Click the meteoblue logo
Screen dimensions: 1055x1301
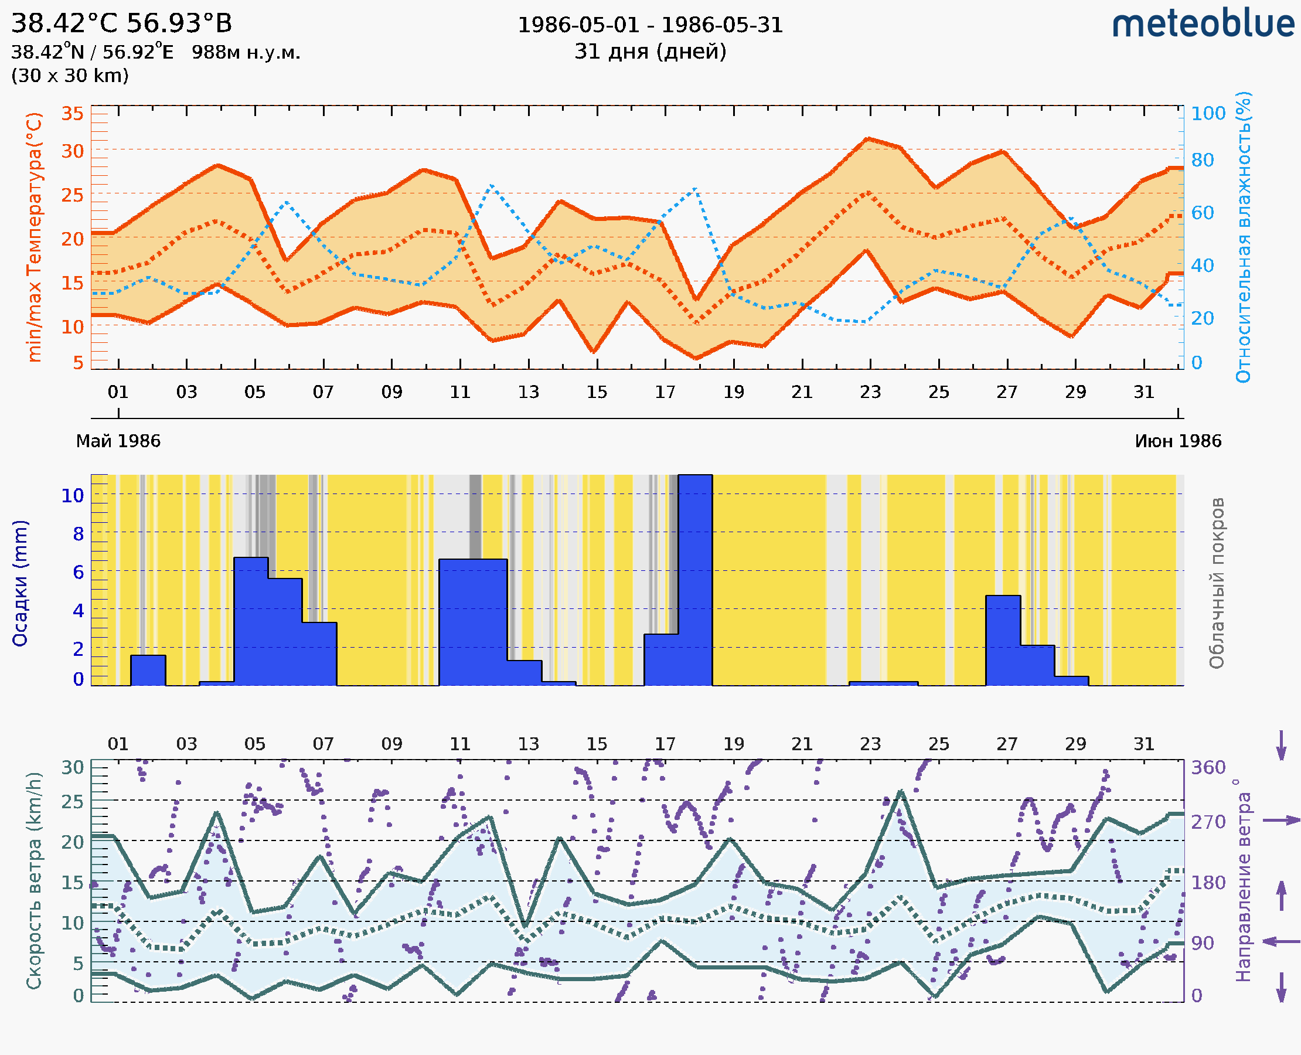pyautogui.click(x=1203, y=24)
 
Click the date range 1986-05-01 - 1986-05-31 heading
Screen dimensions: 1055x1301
pyautogui.click(x=650, y=25)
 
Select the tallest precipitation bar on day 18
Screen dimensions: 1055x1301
pyautogui.click(x=695, y=580)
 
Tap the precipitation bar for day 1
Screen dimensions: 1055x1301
pyautogui.click(x=148, y=670)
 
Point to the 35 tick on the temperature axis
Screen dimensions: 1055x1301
pyautogui.click(x=72, y=114)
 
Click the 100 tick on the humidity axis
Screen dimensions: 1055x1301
pyautogui.click(x=1208, y=114)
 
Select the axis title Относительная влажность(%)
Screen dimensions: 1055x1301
pyautogui.click(x=1244, y=237)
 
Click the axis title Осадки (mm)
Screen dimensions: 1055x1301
pyautogui.click(x=20, y=583)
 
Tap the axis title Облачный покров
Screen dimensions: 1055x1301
pyautogui.click(x=1216, y=583)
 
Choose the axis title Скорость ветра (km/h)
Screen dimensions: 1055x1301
pyautogui.click(x=34, y=880)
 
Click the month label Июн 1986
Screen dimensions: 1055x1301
pyautogui.click(x=1178, y=441)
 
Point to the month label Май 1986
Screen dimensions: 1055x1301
pyautogui.click(x=118, y=441)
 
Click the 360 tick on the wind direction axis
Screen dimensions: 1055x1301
pyautogui.click(x=1208, y=768)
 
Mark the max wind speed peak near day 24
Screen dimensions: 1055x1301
pyautogui.click(x=901, y=792)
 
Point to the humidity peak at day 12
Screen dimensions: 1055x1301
pyautogui.click(x=492, y=185)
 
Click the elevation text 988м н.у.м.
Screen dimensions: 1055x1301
pyautogui.click(x=246, y=52)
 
